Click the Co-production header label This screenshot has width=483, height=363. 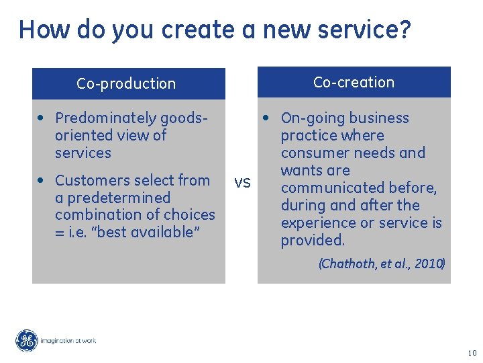pos(126,84)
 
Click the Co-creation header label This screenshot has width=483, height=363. pos(354,83)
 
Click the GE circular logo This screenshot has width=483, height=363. pos(27,341)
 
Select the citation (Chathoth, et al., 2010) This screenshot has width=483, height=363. pos(381,264)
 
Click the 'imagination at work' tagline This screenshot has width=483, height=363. pos(68,341)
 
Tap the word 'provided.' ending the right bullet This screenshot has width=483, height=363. pos(313,240)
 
